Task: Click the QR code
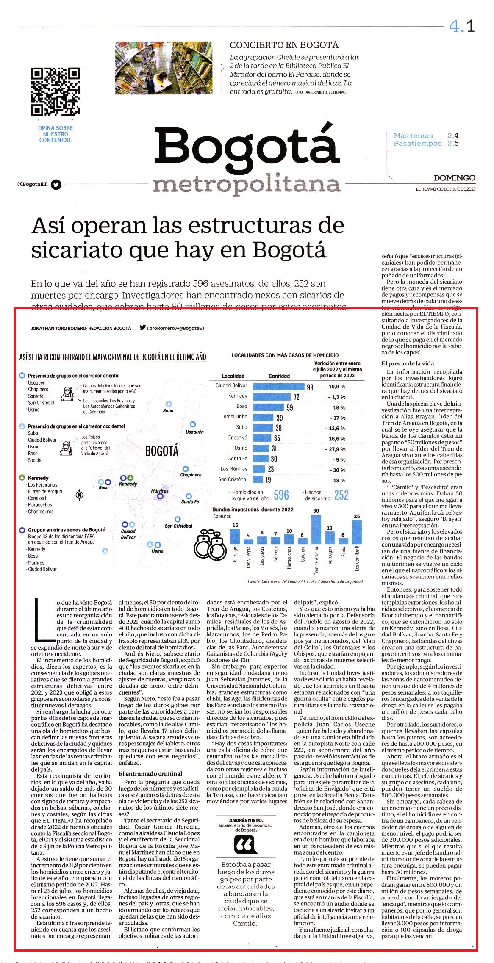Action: pyautogui.click(x=55, y=91)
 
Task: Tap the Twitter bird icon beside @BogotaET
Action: pyautogui.click(x=56, y=184)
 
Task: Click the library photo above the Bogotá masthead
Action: pyautogui.click(x=164, y=68)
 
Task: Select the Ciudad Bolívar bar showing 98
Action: pyautogui.click(x=279, y=386)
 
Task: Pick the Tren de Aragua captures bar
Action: pyautogui.click(x=316, y=529)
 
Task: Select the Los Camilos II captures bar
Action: pyautogui.click(x=357, y=531)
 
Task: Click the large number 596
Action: pyautogui.click(x=281, y=495)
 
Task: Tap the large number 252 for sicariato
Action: pyautogui.click(x=341, y=495)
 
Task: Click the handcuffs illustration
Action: pyautogui.click(x=210, y=545)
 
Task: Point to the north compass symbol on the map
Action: pyautogui.click(x=80, y=494)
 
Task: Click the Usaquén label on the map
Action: pyautogui.click(x=194, y=432)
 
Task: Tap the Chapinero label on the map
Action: pyautogui.click(x=191, y=475)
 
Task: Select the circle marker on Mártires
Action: pyautogui.click(x=160, y=496)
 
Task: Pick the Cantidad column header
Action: pyautogui.click(x=279, y=376)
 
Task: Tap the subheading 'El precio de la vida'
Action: pyautogui.click(x=408, y=363)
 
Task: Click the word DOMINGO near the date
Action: pyautogui.click(x=454, y=178)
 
